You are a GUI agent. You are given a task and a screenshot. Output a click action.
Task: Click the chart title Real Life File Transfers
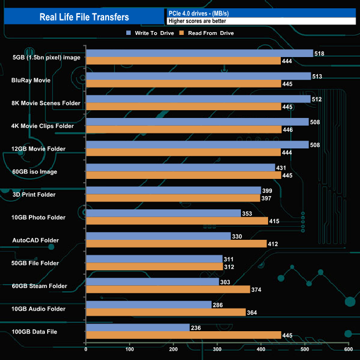pyautogui.click(x=84, y=17)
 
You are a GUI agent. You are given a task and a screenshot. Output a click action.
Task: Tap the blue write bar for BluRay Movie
pyautogui.click(x=198, y=76)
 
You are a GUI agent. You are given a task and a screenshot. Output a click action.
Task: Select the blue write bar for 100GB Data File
pyautogui.click(x=137, y=327)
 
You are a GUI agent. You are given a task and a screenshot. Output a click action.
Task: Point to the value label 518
pyautogui.click(x=319, y=54)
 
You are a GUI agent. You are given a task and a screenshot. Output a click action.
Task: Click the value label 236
pyautogui.click(x=196, y=327)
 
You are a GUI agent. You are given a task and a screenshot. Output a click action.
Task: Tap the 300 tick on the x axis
pyautogui.click(x=217, y=349)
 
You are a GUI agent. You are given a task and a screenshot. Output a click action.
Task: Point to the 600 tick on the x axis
pyautogui.click(x=348, y=349)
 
